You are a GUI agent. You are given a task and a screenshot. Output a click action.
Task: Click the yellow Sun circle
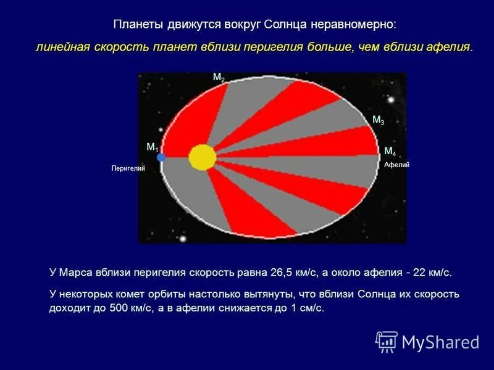(202, 157)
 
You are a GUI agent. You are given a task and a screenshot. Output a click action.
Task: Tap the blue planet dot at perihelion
(161, 157)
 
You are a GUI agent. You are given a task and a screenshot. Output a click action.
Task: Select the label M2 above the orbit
(219, 77)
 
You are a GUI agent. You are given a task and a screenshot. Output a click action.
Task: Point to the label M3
(378, 120)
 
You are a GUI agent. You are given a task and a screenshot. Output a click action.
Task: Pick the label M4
(390, 151)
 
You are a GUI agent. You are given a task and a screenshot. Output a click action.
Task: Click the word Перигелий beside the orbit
(128, 168)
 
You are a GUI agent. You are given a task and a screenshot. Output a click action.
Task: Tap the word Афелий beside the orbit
(397, 165)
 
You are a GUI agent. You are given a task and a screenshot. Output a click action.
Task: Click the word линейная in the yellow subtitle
(58, 47)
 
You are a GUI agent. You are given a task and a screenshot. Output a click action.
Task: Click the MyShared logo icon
(387, 341)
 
